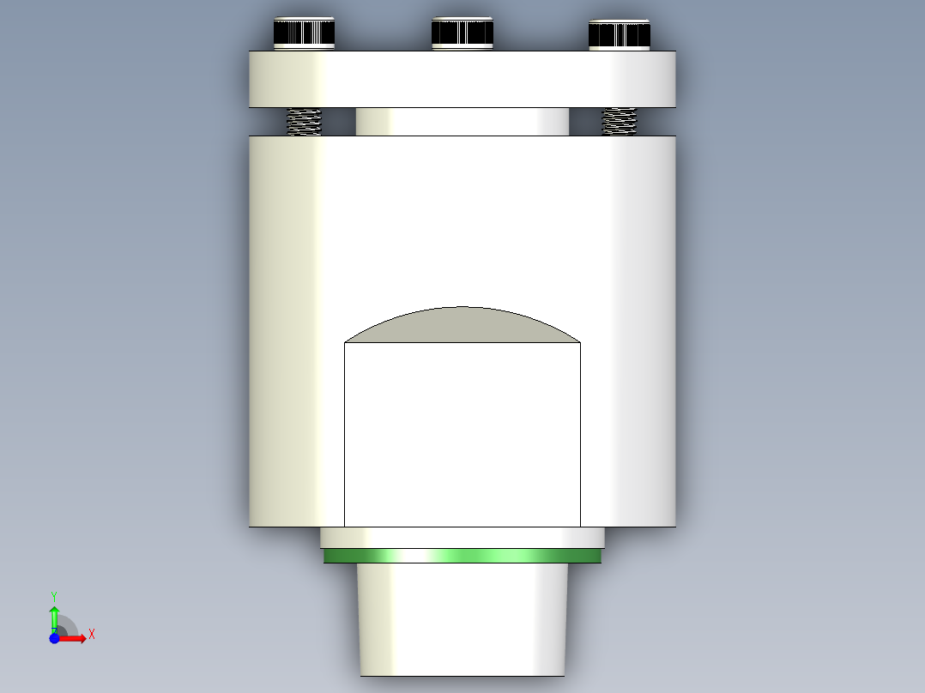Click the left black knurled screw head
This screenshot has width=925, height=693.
[304, 33]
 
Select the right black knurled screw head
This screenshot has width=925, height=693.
[620, 34]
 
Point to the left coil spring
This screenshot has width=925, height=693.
[304, 121]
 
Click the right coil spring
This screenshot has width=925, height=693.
[620, 121]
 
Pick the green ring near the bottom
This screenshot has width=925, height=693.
[462, 557]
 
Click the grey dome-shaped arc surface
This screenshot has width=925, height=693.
[462, 326]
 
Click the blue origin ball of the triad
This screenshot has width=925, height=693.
[54, 638]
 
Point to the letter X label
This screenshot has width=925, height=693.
[92, 635]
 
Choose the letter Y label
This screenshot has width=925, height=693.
[54, 595]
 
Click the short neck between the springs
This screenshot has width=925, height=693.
[462, 122]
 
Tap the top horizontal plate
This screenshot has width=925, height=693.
[462, 79]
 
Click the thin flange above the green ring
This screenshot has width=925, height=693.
[462, 538]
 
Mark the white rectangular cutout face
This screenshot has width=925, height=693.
[462, 434]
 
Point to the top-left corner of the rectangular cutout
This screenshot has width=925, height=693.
[345, 343]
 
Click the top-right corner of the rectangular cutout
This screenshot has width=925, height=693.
[580, 343]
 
